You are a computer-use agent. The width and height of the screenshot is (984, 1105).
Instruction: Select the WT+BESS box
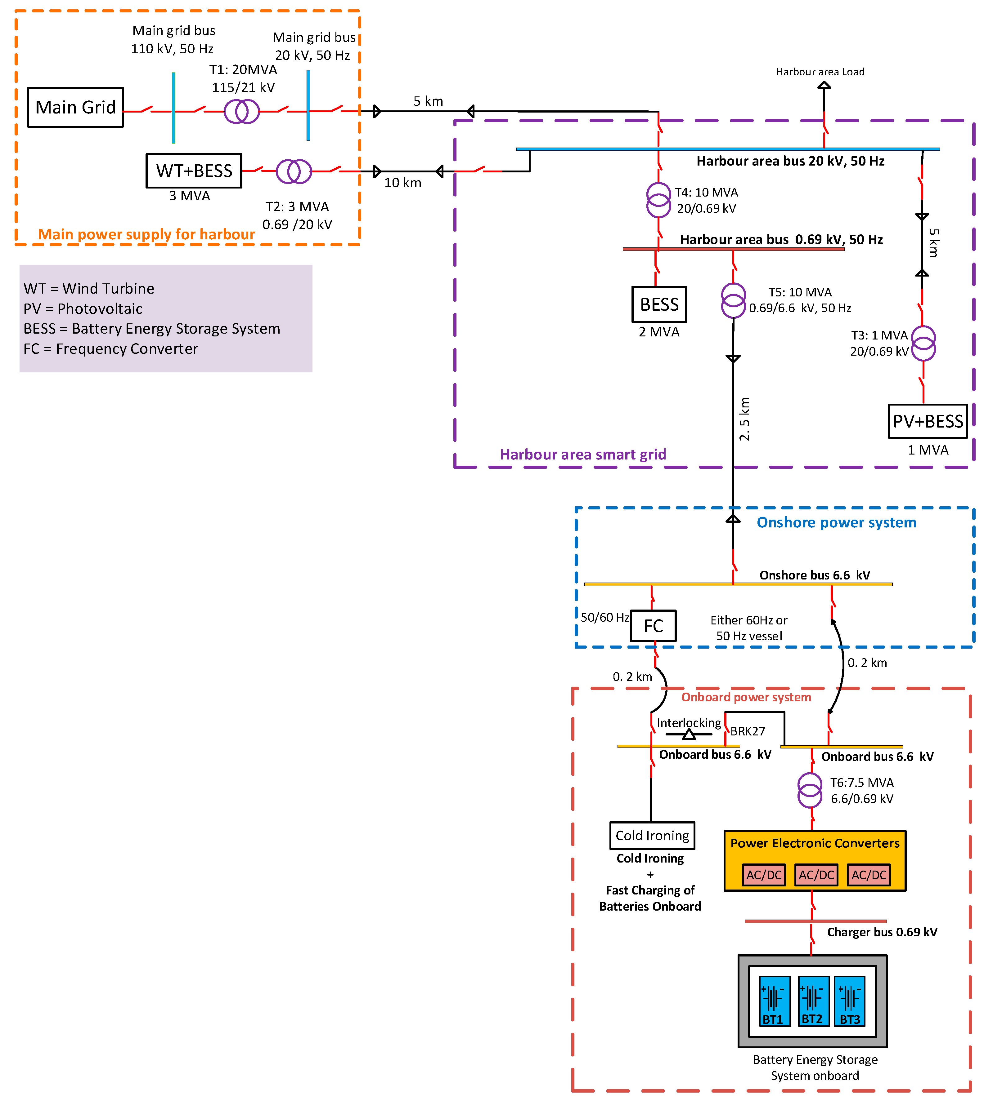[194, 171]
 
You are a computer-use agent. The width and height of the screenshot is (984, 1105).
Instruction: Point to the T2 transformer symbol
[294, 171]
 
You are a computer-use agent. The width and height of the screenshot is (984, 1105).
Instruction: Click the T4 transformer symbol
[658, 200]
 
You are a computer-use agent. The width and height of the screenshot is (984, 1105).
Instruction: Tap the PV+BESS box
[928, 421]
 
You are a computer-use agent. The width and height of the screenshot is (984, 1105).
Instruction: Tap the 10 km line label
[402, 183]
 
